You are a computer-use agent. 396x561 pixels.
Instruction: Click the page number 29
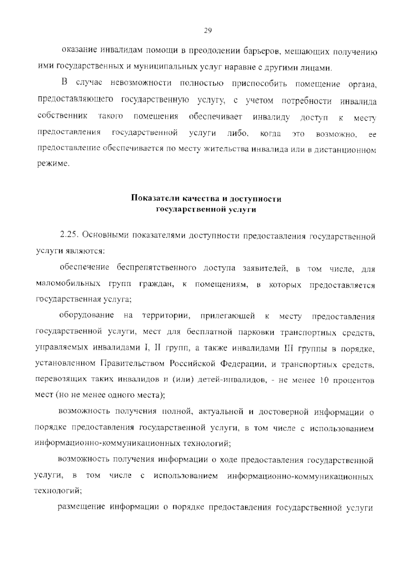tap(208, 31)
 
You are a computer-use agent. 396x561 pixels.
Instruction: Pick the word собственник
tap(62, 116)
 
